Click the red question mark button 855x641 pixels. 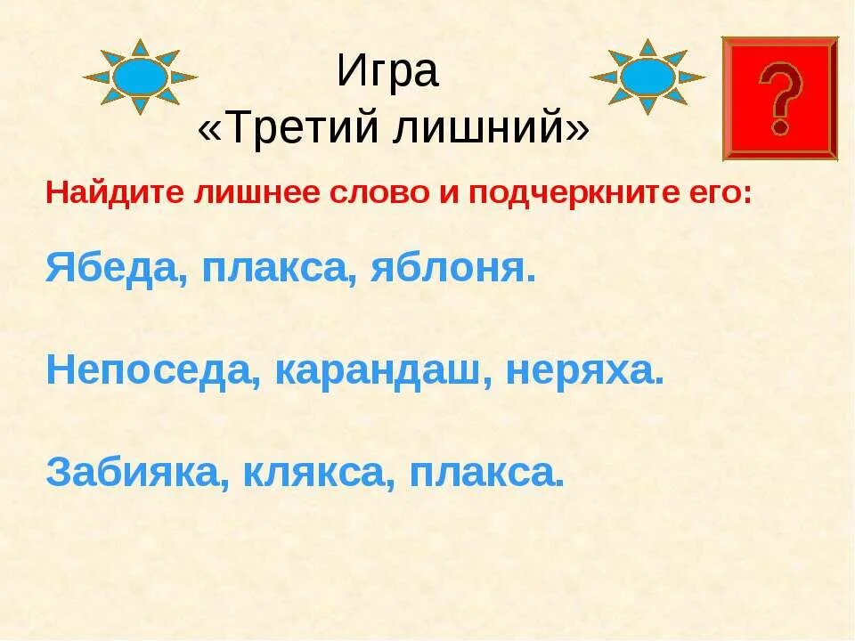(x=779, y=98)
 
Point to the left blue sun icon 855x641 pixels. (x=140, y=77)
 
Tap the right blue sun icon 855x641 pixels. (x=647, y=77)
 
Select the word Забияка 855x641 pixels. (x=133, y=473)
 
